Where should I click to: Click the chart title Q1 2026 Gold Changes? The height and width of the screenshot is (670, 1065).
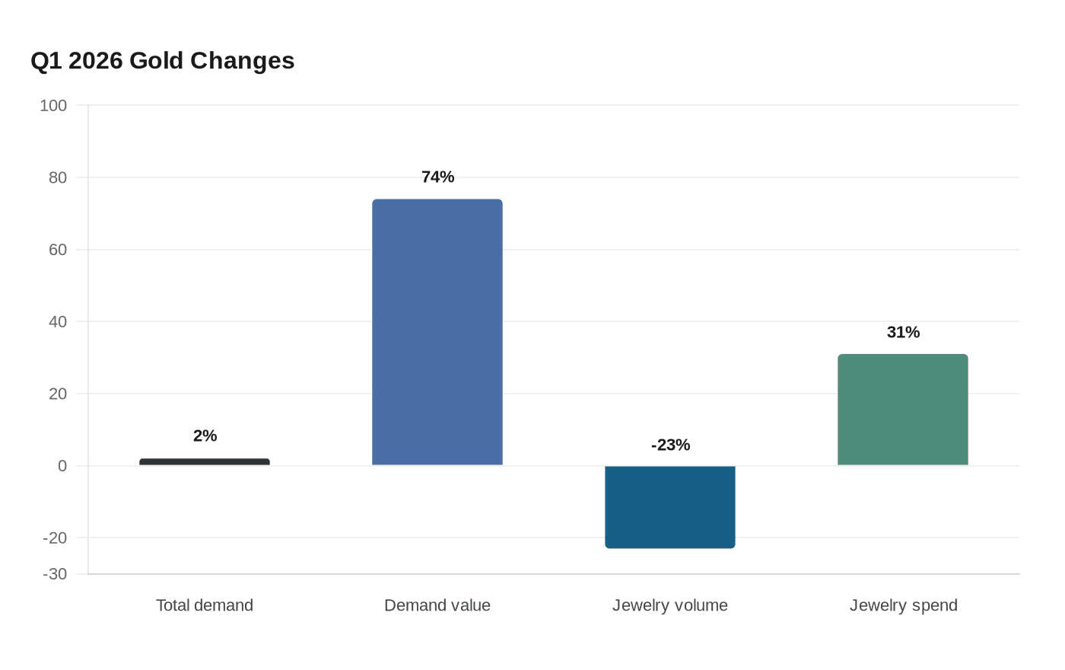[163, 61]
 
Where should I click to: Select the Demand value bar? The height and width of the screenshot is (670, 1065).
[437, 332]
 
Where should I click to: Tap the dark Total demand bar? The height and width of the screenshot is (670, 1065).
[205, 461]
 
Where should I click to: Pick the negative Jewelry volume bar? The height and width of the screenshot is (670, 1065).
[670, 507]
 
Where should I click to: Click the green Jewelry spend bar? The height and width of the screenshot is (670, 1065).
[903, 410]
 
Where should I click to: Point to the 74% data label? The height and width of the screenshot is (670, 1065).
[438, 177]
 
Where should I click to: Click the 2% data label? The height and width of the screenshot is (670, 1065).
[205, 435]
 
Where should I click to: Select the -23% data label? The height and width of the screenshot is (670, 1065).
[670, 445]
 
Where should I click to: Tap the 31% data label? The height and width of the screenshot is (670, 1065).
[904, 332]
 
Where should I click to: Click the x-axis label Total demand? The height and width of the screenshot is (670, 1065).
[205, 605]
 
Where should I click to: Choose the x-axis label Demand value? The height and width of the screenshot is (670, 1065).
[437, 605]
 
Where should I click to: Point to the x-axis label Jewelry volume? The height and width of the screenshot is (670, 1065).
[670, 605]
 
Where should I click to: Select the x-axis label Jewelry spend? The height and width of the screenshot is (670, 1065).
[904, 605]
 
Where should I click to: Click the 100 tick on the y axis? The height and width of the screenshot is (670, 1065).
[53, 106]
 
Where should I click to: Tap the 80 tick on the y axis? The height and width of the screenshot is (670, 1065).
[58, 178]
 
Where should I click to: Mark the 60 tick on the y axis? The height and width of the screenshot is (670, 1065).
[58, 250]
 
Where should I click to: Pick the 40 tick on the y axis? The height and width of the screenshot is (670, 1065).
[58, 321]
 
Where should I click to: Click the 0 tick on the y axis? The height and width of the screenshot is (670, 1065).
[62, 466]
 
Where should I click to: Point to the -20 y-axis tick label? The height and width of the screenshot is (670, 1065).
[55, 538]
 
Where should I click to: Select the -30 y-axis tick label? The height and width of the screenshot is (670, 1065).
[55, 574]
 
